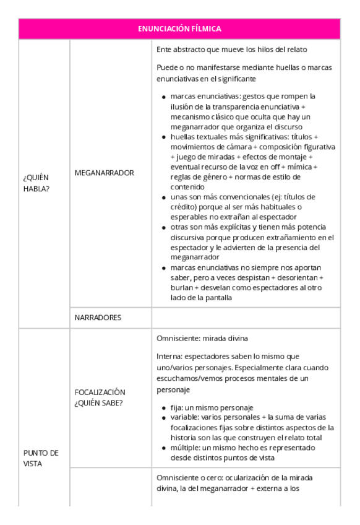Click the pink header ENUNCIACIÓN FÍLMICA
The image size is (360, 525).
[x=179, y=28]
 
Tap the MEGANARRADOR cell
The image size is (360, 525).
[x=104, y=173]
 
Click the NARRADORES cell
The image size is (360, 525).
[x=98, y=318]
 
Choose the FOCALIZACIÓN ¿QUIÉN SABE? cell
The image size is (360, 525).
[x=100, y=397]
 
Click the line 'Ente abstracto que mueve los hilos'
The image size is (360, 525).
[x=232, y=49]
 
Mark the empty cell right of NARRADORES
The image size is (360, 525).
[x=246, y=318]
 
